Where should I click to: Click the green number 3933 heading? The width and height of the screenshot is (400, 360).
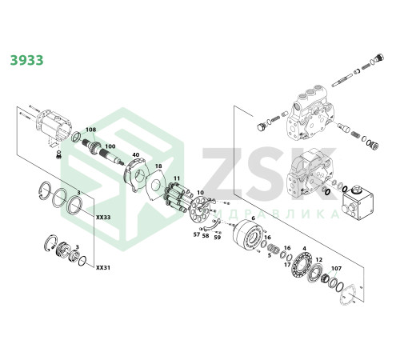coord(26,60)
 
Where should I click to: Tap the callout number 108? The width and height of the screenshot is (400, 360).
coord(90,130)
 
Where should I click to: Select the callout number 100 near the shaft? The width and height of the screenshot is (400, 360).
coord(110,146)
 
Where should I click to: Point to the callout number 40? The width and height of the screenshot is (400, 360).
coord(136,154)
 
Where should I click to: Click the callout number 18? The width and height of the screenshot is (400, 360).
coord(158,166)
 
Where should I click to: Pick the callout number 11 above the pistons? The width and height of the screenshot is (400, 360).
coord(177,178)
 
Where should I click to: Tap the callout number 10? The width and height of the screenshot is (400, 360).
coord(200,192)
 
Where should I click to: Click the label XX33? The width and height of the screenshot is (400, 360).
coord(103,218)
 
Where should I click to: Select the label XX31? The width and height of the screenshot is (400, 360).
coord(103,267)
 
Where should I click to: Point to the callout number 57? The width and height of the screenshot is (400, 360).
coord(197,234)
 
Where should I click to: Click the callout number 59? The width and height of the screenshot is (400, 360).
coord(218,237)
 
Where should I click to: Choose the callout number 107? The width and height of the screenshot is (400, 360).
coord(336,268)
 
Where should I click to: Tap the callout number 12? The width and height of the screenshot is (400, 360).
coord(319,259)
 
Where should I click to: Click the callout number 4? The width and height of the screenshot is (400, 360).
coord(304,249)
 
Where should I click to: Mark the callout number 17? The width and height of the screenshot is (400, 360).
coord(287,265)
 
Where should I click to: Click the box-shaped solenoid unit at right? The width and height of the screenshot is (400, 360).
coord(357,203)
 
